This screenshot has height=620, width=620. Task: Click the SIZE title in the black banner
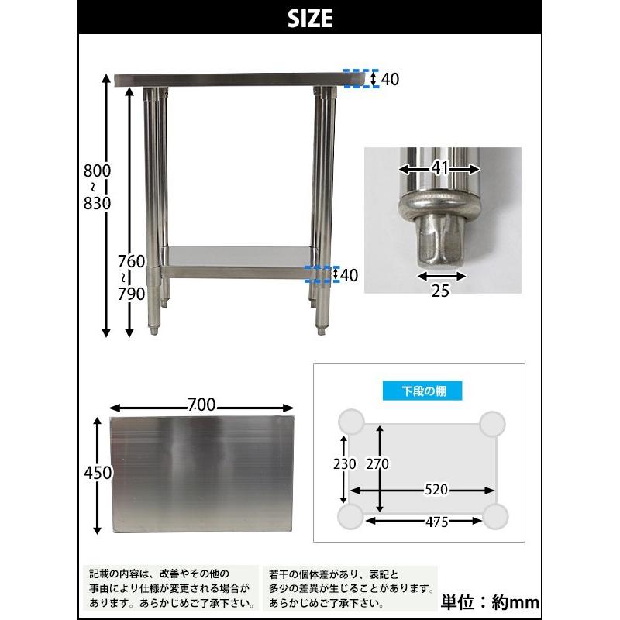309,18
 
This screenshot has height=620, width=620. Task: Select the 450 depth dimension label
98,473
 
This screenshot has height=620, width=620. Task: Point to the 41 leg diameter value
439,167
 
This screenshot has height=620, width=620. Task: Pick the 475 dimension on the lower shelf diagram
436,522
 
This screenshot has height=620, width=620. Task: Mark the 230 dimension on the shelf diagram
344,463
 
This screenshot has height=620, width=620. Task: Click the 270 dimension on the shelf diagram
378,463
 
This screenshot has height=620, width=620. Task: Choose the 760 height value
133,262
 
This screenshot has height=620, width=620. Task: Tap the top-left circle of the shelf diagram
351,422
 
